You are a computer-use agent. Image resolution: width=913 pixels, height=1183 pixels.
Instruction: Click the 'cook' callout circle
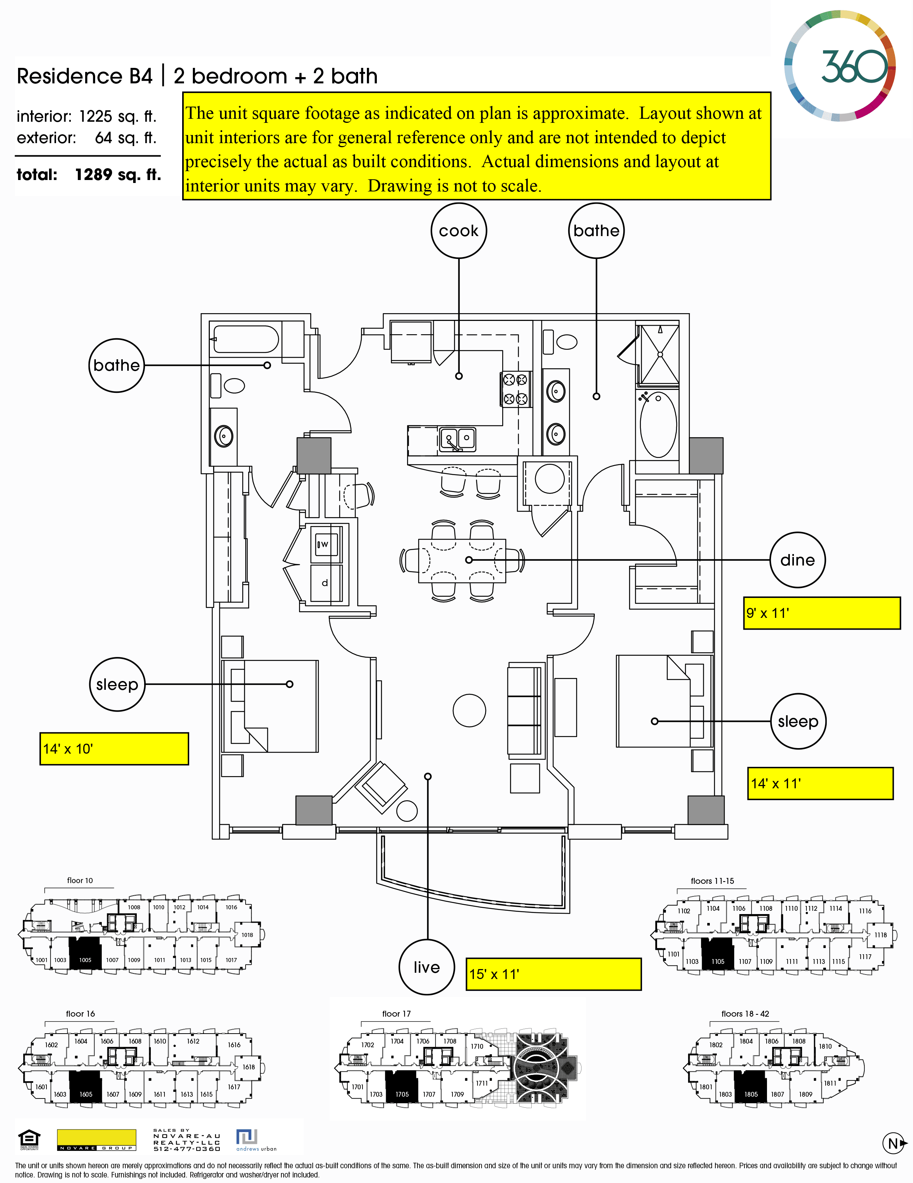pos(459,231)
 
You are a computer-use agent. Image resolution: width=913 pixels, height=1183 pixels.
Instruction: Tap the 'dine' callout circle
pos(797,560)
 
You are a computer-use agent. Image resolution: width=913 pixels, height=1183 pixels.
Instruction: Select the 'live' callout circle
pos(427,968)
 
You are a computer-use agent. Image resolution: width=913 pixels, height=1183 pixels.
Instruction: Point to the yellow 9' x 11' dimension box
pos(822,613)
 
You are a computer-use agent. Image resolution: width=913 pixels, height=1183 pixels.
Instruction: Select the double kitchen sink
pos(458,439)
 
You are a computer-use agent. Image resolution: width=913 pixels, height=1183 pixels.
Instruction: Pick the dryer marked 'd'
pos(326,583)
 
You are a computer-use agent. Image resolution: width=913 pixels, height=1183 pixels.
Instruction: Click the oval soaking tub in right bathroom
pos(658,424)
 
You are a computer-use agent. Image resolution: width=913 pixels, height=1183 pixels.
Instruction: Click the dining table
pos(462,561)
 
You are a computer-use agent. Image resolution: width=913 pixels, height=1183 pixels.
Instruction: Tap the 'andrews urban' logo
pos(256,1140)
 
